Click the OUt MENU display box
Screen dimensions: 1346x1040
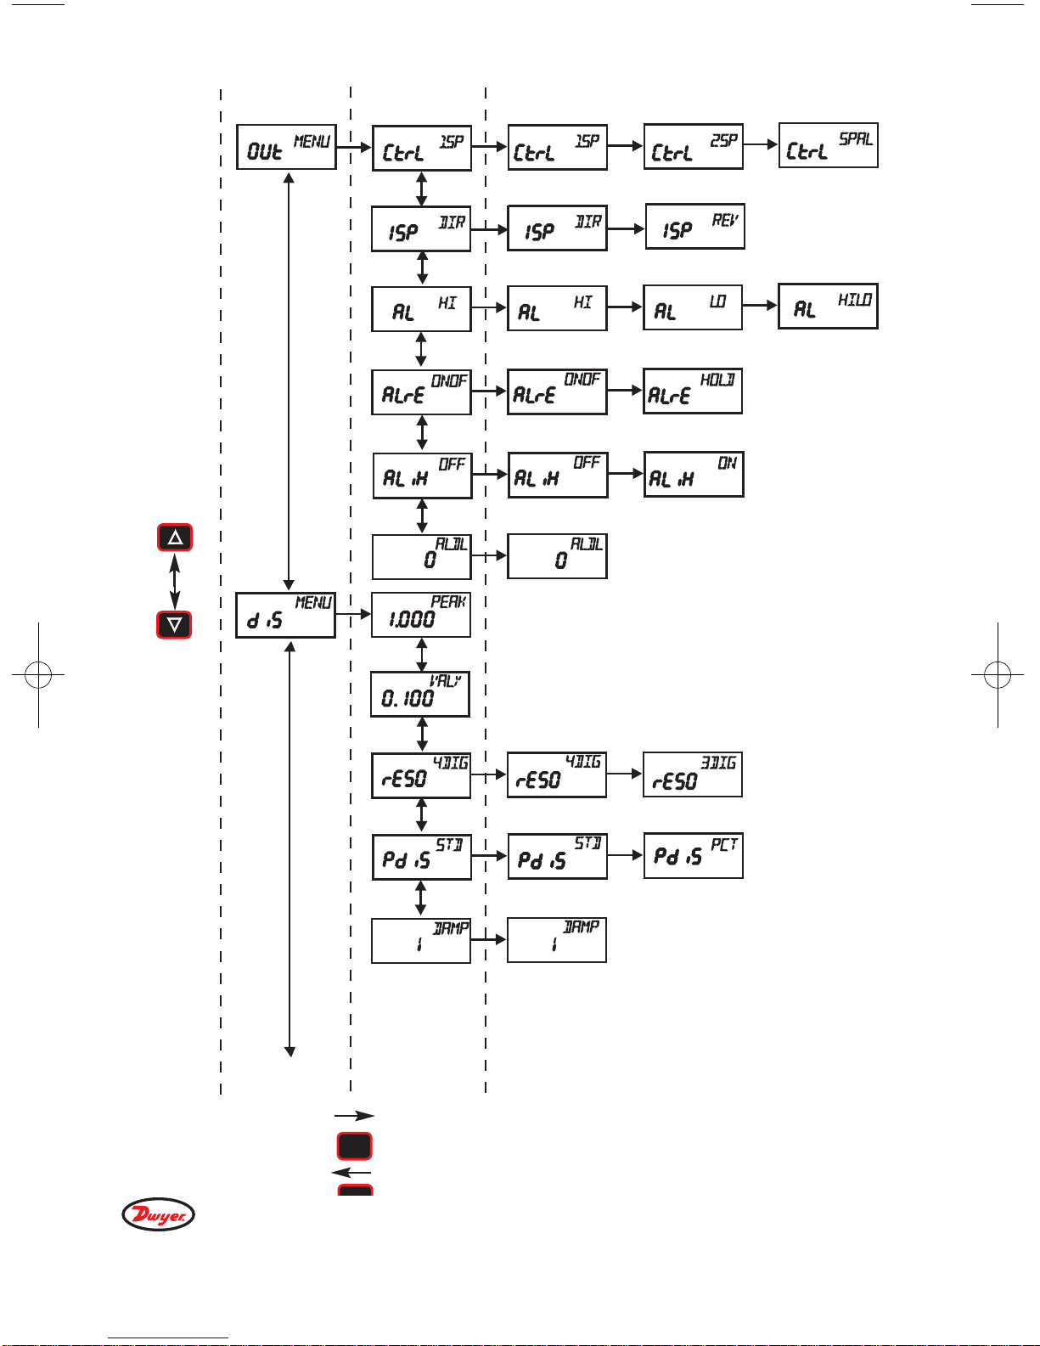click(286, 147)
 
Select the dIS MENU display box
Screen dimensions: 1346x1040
click(285, 615)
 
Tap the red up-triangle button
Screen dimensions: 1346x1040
click(175, 538)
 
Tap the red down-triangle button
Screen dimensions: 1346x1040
click(175, 624)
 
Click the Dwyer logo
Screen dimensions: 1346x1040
click(158, 1214)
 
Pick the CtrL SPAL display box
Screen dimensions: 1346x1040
click(828, 145)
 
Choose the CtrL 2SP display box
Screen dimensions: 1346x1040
click(693, 147)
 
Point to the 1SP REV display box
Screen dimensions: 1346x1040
click(694, 226)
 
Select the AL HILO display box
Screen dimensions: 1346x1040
click(828, 306)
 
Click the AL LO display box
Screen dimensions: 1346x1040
click(692, 307)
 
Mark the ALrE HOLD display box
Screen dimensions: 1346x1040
click(692, 391)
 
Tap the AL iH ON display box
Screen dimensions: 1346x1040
click(694, 474)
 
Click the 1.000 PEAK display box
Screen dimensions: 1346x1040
click(421, 615)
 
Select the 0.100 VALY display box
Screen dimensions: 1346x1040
click(420, 694)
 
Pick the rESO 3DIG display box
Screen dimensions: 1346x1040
click(692, 774)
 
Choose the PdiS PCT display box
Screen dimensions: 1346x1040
click(693, 856)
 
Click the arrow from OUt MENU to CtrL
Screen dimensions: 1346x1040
click(354, 147)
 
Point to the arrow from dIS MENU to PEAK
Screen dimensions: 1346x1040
click(353, 613)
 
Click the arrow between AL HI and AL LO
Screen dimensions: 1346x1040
click(625, 307)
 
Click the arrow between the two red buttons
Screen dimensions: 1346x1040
click(175, 581)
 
